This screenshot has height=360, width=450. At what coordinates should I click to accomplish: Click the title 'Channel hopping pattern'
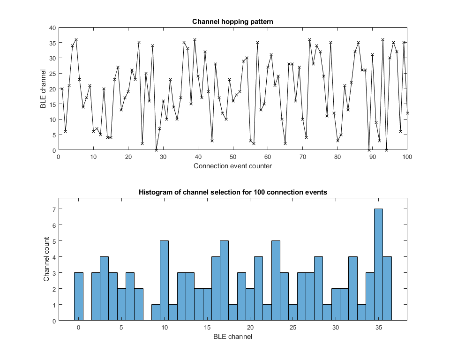tap(233, 22)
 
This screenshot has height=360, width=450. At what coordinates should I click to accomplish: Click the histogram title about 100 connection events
tap(233, 192)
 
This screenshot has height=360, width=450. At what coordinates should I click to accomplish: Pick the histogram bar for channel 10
tap(164, 281)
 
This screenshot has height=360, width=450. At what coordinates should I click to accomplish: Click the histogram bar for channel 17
tap(224, 281)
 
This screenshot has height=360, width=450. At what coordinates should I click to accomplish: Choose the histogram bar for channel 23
tap(276, 281)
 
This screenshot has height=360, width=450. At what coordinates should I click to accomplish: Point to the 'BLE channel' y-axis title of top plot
tap(43, 89)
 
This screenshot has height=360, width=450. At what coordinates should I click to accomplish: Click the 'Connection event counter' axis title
tap(233, 166)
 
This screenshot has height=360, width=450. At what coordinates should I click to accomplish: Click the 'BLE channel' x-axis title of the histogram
tap(233, 337)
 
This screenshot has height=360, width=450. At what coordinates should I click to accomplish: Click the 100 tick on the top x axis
tap(407, 157)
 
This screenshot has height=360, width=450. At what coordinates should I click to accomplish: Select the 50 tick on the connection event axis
tap(233, 157)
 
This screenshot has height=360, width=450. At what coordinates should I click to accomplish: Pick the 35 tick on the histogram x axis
tap(379, 327)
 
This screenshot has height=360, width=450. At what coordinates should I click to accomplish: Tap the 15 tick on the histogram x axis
tap(207, 327)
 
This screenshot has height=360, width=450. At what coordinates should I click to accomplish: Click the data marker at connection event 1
tap(62, 89)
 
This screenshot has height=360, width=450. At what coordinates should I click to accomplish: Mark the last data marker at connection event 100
tap(407, 113)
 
